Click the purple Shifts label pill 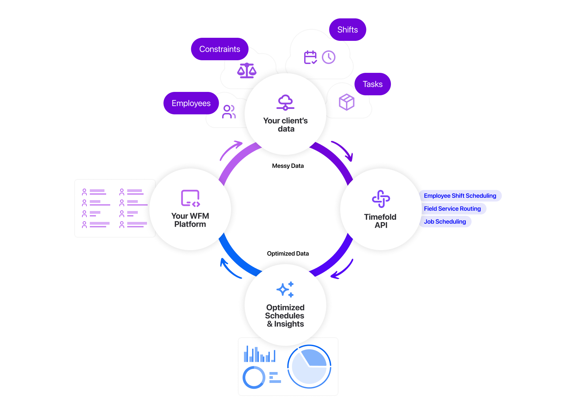click(347, 30)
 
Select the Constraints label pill click(219, 49)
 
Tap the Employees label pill click(191, 103)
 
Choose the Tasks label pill click(373, 84)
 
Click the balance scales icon click(247, 71)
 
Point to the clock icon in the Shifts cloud click(329, 57)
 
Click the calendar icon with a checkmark click(310, 57)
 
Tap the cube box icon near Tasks click(346, 102)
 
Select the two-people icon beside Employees click(229, 112)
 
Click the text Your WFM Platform click(190, 220)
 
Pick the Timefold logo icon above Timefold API click(381, 199)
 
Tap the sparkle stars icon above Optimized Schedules click(285, 289)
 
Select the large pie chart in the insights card click(309, 367)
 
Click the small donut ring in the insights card click(254, 377)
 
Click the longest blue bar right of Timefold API click(461, 196)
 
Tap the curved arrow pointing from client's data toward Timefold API click(343, 150)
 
